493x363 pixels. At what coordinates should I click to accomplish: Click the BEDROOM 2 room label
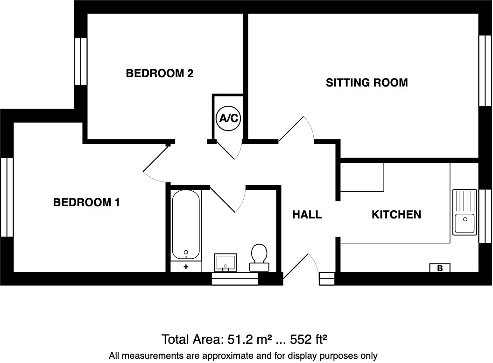click(160, 73)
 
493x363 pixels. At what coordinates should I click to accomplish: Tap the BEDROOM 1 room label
click(86, 203)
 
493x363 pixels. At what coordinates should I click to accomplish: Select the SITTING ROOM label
click(366, 83)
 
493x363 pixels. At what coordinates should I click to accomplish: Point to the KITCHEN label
click(396, 215)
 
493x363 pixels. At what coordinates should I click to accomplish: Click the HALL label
click(307, 215)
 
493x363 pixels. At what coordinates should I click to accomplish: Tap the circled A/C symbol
click(228, 118)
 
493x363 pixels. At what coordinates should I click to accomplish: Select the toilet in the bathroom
click(259, 257)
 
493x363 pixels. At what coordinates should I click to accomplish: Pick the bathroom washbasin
click(226, 261)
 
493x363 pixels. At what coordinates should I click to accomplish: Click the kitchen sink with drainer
click(464, 212)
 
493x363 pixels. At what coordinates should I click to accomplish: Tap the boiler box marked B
click(440, 268)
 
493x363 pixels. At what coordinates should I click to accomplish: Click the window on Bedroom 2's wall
click(81, 61)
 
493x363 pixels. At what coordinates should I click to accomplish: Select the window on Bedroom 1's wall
click(7, 197)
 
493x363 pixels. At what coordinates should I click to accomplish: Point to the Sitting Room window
click(485, 71)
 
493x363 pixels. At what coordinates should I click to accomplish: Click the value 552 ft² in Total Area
click(309, 339)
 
